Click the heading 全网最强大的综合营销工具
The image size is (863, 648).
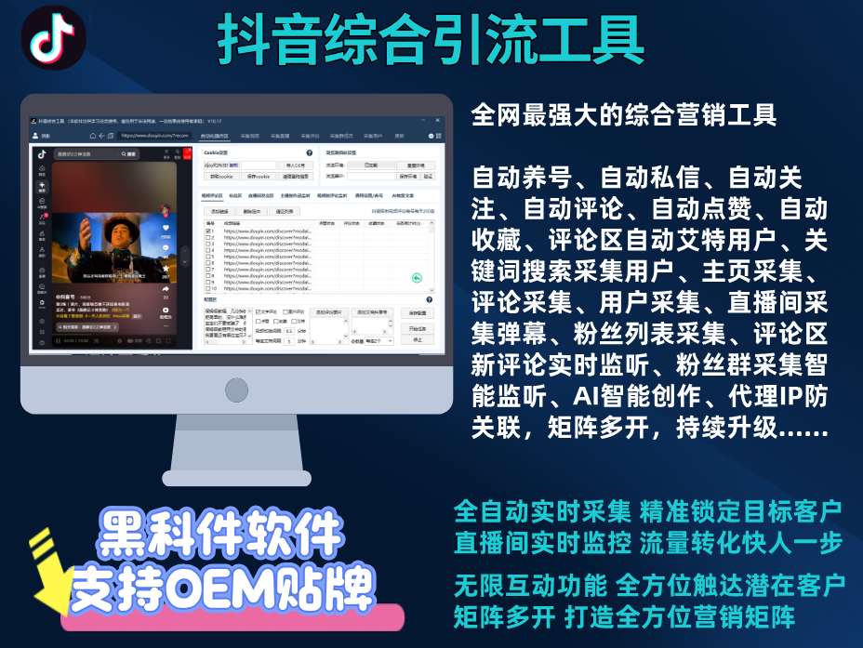623,116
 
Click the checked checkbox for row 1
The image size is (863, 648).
208,231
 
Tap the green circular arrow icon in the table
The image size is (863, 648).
417,277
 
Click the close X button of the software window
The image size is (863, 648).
438,120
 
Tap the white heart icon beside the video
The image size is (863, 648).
166,227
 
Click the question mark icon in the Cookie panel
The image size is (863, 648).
309,152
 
